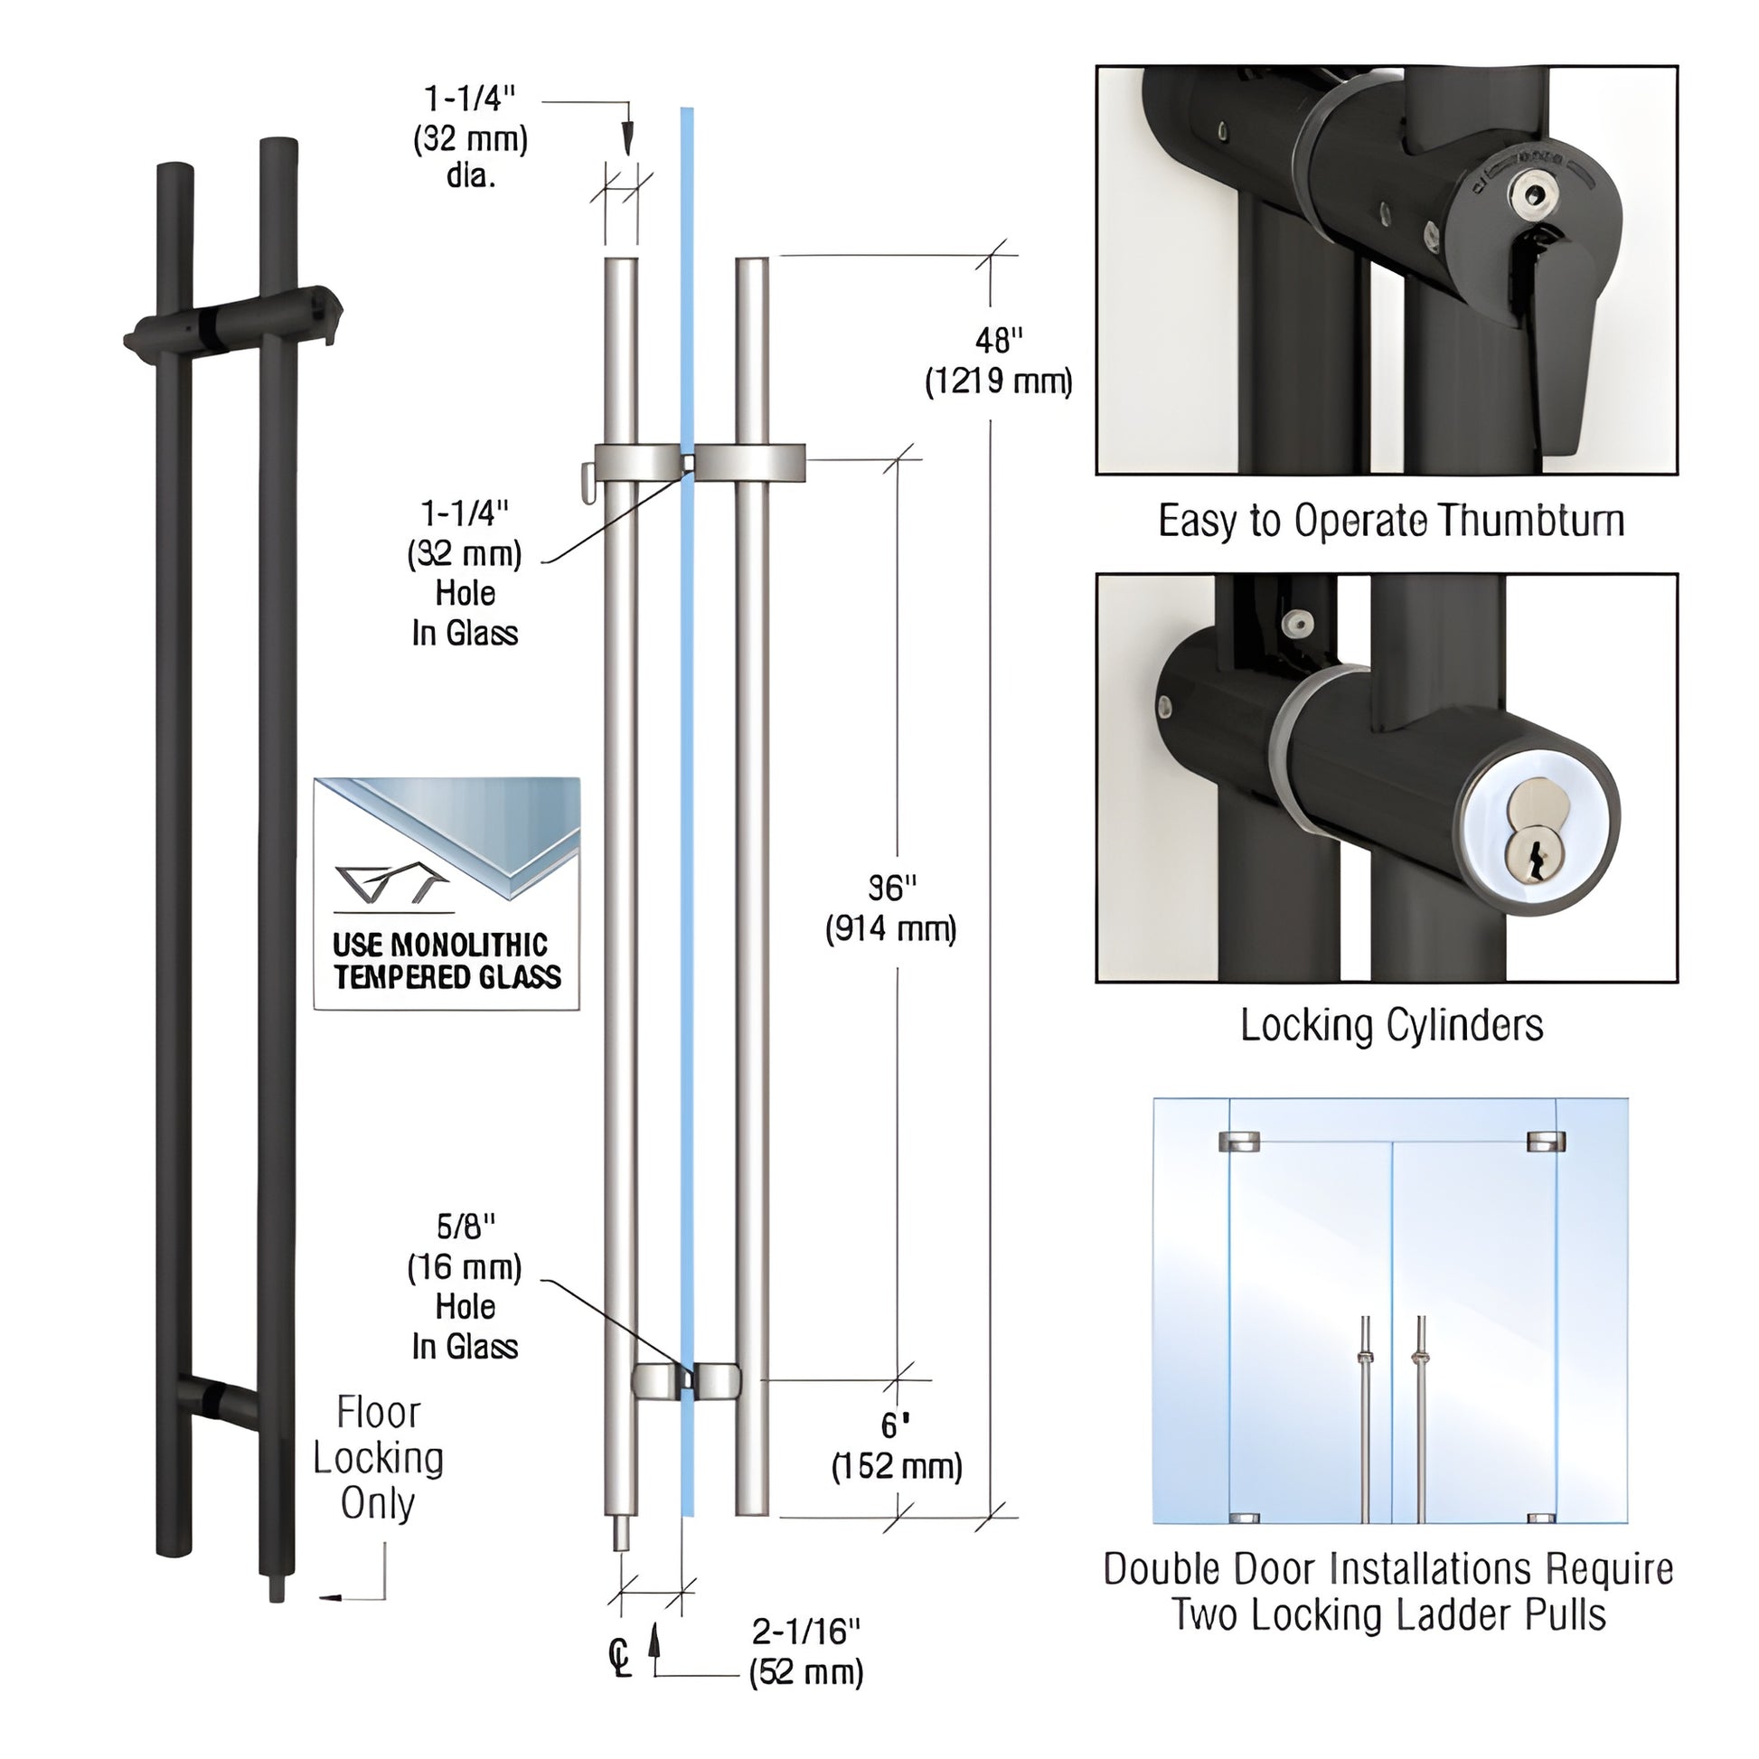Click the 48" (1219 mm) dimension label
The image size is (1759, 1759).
(998, 362)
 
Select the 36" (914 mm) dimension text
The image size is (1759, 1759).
(890, 908)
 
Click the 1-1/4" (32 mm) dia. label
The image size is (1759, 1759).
(470, 136)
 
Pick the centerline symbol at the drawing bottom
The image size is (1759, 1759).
(619, 1657)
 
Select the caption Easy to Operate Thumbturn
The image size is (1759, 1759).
(1390, 522)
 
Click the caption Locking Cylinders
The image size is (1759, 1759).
(1391, 1025)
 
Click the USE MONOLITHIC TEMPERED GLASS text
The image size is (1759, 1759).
(447, 962)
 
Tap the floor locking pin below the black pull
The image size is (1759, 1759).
(277, 1589)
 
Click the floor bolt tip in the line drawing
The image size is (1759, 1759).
(621, 1535)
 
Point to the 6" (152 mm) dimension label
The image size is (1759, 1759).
(896, 1446)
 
